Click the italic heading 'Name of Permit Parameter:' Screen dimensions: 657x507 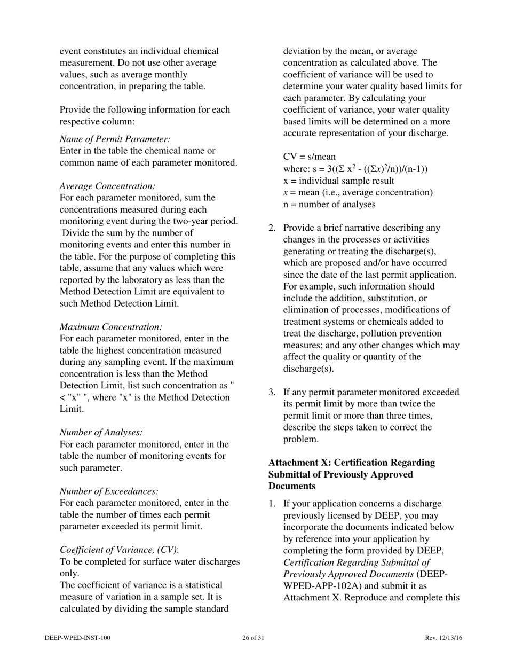[x=115, y=139]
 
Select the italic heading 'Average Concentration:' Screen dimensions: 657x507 [x=107, y=186]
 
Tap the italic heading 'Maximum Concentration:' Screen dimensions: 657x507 [x=110, y=327]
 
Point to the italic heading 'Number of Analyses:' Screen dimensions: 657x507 [x=101, y=433]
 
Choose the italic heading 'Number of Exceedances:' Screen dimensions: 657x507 [x=109, y=491]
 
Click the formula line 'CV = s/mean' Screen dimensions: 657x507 [x=310, y=157]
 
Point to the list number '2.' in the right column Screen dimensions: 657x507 [x=272, y=228]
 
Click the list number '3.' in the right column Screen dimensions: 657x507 [x=272, y=393]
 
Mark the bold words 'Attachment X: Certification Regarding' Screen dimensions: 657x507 [x=352, y=463]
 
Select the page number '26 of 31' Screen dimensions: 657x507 [x=253, y=638]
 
